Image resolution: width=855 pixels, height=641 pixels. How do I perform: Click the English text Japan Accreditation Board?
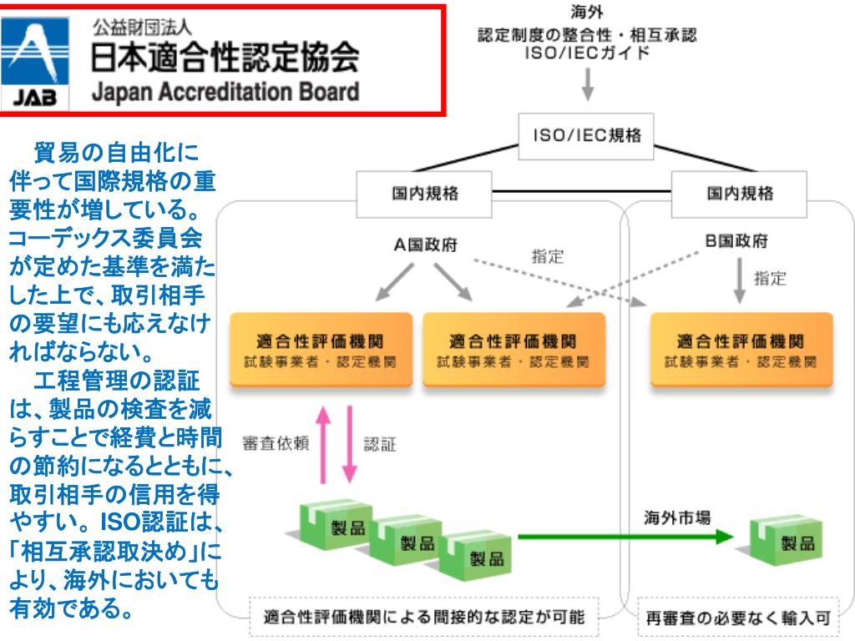(x=225, y=91)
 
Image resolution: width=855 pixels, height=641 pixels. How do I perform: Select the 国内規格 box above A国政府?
(x=425, y=194)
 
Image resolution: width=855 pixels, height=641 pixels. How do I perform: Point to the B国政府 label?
(x=735, y=243)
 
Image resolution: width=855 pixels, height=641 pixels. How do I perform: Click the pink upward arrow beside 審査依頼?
(x=324, y=443)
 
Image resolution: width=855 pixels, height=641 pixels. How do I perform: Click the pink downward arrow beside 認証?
(x=349, y=443)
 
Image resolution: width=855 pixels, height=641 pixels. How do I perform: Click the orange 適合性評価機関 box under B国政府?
(x=741, y=349)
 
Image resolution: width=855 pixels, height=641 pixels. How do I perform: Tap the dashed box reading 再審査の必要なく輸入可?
(x=739, y=619)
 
